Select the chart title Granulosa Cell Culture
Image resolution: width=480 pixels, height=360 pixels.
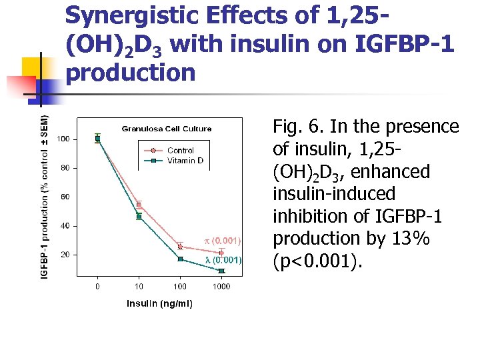[166, 129]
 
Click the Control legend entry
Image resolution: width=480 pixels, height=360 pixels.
[180, 151]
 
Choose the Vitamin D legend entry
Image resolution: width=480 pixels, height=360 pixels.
[185, 161]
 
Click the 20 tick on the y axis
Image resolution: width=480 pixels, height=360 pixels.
[65, 255]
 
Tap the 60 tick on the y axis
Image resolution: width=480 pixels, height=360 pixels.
[65, 197]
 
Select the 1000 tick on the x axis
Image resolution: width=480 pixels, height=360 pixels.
[221, 286]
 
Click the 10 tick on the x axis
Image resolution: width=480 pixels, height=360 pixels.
[139, 286]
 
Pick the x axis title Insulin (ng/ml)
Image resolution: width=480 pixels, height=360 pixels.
[159, 304]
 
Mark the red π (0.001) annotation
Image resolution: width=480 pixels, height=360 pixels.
[222, 240]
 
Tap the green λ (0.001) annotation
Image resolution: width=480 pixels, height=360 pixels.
[223, 260]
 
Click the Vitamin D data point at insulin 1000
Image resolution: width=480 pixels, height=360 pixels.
[221, 271]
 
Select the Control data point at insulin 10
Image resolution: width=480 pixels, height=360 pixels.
[139, 205]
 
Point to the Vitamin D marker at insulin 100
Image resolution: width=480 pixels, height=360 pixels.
[180, 259]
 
